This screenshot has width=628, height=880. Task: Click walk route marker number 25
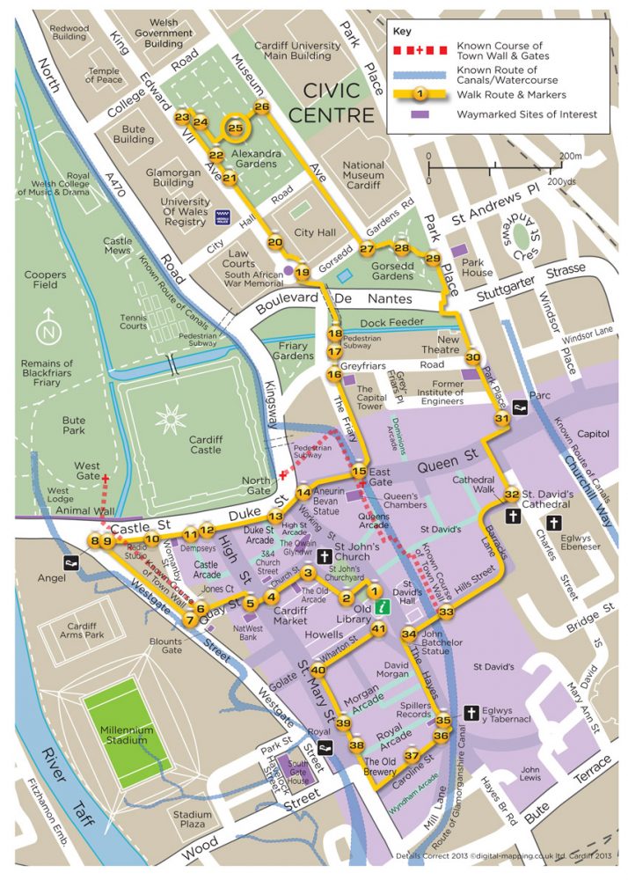tap(235, 128)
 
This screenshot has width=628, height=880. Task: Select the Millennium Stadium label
tap(125, 736)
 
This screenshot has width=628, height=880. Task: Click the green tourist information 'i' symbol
tap(381, 607)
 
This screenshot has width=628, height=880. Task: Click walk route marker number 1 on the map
tap(375, 592)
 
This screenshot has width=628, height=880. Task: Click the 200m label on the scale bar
tap(570, 156)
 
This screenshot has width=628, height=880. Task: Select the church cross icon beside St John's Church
tap(324, 556)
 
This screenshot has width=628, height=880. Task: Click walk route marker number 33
tap(447, 612)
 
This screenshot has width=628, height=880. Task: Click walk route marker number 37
tap(412, 756)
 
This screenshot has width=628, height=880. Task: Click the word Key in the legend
tap(401, 30)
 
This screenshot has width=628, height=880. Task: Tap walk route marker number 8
tap(94, 541)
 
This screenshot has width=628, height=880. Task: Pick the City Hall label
tap(315, 232)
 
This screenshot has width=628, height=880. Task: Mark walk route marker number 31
tap(502, 420)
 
